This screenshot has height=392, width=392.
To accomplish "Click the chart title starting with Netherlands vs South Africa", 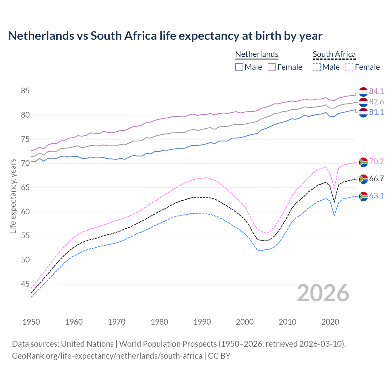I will (165, 36).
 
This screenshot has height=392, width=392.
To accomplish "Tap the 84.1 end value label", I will (376, 91).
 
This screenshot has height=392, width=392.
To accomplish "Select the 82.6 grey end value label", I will (376, 102).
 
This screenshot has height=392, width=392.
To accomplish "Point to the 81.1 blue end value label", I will (376, 112).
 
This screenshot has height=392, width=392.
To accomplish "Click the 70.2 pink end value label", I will (376, 161).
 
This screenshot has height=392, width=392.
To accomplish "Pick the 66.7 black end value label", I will (376, 179).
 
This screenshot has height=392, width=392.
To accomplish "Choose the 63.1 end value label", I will (376, 196).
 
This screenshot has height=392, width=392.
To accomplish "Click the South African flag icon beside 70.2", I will (363, 162).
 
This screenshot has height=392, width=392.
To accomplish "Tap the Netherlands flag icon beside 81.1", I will (363, 113).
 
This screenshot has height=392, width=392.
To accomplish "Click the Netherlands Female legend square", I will (272, 67).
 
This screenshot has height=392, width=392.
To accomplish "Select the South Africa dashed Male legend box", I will (317, 67).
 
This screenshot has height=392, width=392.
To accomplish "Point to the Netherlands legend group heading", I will (257, 54).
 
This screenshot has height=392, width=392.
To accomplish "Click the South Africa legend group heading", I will (334, 54).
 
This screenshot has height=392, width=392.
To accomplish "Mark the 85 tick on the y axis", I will (25, 91).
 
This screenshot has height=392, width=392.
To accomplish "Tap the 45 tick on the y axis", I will (25, 284).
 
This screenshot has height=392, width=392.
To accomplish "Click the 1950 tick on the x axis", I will (31, 322).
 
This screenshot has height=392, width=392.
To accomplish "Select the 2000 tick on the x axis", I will (245, 322).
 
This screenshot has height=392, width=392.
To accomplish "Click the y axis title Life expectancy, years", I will (13, 196).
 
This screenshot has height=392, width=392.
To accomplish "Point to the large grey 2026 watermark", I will (323, 293).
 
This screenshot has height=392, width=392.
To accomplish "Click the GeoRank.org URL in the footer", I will (107, 356).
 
